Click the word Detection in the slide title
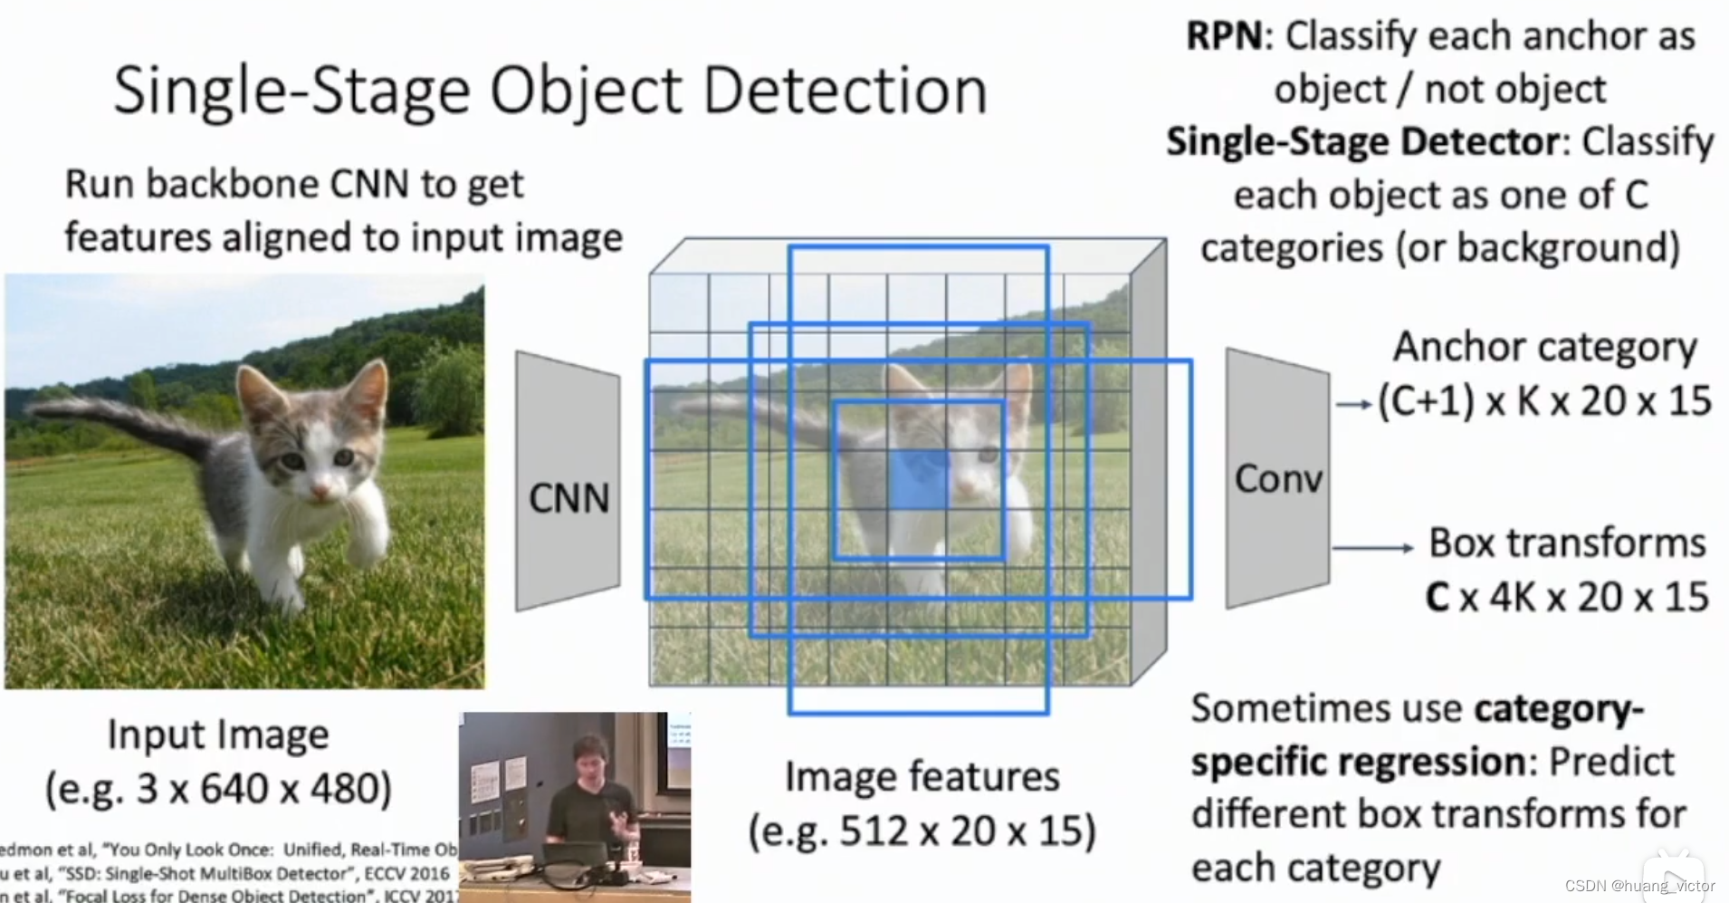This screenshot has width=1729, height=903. coord(844,91)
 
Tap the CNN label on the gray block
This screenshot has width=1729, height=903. coord(568,498)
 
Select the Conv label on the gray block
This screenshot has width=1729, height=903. coord(1278,479)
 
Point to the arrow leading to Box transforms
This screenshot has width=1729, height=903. coord(1371,548)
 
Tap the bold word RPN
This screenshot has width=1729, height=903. coord(1224,36)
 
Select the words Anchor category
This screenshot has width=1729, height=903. coord(1544,347)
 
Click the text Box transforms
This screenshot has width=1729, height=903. coord(1567,543)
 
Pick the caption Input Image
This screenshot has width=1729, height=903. coord(218,735)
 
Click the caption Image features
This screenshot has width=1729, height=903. coord(922,777)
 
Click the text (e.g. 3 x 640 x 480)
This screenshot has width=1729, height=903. coord(218,788)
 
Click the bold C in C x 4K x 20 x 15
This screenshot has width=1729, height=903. coord(1438,598)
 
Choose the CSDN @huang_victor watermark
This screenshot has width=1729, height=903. coord(1639,885)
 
